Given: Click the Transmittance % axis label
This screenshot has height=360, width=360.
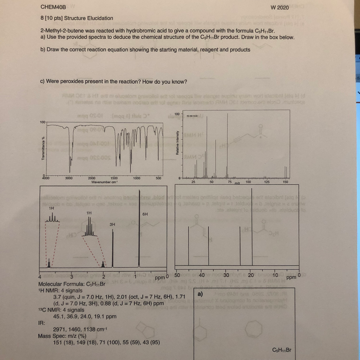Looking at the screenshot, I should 43,149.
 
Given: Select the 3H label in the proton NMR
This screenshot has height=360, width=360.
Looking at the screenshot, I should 112,224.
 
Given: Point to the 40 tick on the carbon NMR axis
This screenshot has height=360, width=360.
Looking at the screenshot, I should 201,275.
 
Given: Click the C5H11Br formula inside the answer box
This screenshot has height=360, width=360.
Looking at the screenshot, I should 282,350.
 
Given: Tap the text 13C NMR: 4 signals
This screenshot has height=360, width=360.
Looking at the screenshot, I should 61,310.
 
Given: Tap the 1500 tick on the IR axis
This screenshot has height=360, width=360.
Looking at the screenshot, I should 114,178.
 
